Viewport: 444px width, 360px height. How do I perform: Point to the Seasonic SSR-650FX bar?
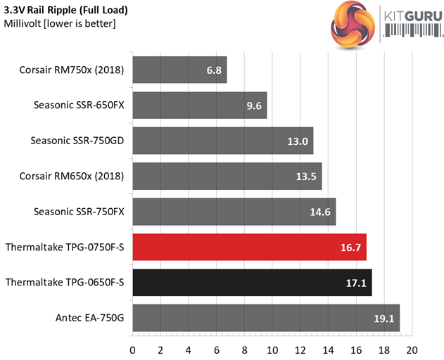[199, 105]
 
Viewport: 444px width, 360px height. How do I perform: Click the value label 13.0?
[298, 141]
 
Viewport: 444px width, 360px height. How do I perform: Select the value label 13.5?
[305, 176]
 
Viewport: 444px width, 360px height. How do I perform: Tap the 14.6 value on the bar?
[321, 212]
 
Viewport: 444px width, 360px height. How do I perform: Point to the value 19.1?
[384, 318]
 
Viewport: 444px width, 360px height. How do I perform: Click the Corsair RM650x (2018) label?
[72, 176]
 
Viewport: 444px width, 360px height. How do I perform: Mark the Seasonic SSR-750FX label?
[79, 211]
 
